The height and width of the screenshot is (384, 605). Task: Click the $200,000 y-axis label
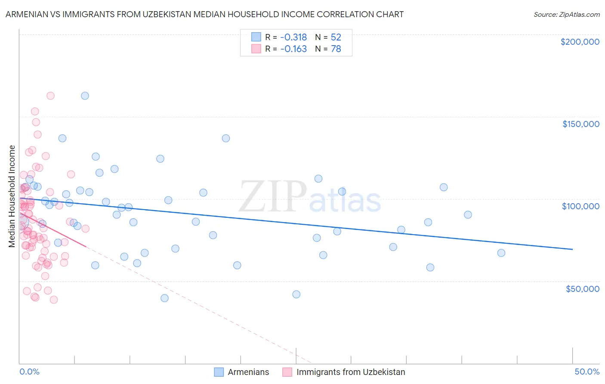(x=580, y=42)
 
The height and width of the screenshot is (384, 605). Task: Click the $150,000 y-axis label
(x=580, y=124)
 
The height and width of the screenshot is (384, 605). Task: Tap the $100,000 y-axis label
(x=580, y=206)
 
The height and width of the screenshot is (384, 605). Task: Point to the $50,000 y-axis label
(x=582, y=288)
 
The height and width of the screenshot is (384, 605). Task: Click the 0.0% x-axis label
(x=29, y=372)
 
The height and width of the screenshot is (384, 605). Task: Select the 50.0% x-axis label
(x=587, y=372)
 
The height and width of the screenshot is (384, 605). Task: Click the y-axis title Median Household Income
(x=12, y=196)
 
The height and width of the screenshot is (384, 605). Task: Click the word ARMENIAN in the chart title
(x=26, y=14)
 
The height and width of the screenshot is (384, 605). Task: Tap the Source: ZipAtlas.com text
(x=566, y=14)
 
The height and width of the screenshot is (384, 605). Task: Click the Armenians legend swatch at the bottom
(x=219, y=372)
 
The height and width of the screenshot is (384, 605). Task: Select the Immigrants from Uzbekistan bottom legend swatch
(x=287, y=372)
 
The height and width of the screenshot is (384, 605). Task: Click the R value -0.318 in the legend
(x=293, y=37)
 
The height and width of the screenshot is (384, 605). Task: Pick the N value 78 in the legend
(x=336, y=49)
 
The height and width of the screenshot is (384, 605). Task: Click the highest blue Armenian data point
(x=85, y=96)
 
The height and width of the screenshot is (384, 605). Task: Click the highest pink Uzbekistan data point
(x=50, y=96)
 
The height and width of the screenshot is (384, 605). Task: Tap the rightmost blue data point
(x=501, y=253)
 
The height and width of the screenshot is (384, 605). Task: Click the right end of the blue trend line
(x=572, y=249)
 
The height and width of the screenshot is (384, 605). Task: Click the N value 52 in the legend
(x=336, y=37)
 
